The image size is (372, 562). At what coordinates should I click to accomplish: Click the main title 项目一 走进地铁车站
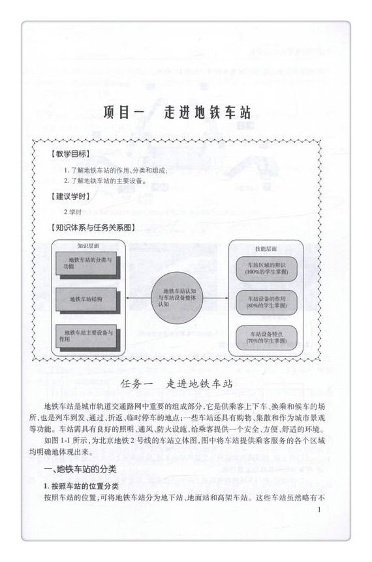pyautogui.click(x=178, y=112)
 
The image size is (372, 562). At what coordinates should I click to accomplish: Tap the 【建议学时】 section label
pyautogui.click(x=72, y=196)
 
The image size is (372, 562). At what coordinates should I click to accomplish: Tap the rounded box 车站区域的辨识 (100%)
pyautogui.click(x=263, y=267)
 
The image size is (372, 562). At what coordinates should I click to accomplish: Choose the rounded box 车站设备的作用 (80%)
pyautogui.click(x=263, y=301)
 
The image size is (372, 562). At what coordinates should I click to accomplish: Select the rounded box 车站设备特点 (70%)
pyautogui.click(x=263, y=337)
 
